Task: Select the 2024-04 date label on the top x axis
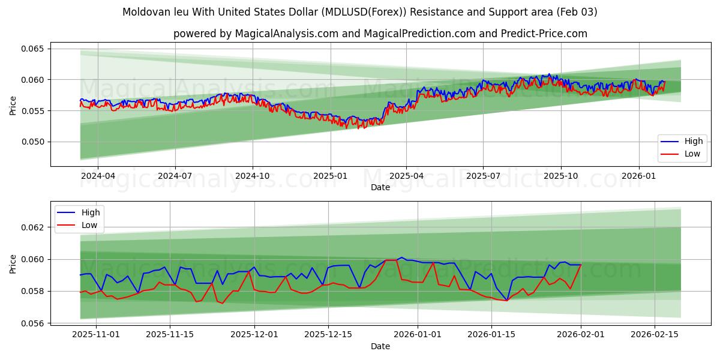97,176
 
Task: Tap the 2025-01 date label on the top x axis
330,176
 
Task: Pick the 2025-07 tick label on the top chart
484,176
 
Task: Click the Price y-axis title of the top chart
13,104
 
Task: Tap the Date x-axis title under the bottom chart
380,346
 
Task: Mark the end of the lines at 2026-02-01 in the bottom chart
581,265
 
